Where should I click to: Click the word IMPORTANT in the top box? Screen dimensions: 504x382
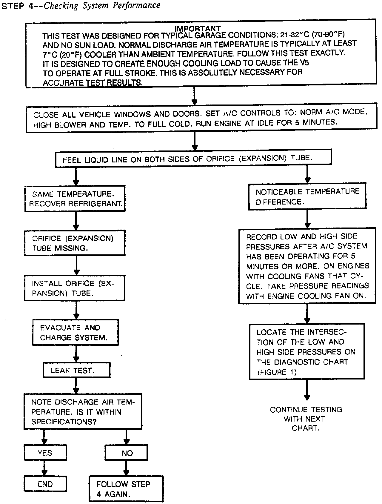[198, 29]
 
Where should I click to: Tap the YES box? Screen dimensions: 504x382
[45, 453]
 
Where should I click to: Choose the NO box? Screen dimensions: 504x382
[127, 453]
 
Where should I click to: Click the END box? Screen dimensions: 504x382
[45, 484]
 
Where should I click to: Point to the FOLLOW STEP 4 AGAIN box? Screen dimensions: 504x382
[126, 489]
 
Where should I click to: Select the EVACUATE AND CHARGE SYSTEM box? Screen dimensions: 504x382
[75, 333]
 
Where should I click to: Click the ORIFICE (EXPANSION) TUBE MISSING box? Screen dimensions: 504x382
[75, 243]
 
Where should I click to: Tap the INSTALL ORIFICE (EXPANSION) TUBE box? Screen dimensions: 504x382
[75, 288]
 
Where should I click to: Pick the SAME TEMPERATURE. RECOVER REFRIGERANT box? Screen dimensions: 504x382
[75, 199]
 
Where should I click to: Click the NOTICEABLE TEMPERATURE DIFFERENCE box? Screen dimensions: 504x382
[307, 196]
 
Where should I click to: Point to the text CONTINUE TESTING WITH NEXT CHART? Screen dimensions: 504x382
[306, 419]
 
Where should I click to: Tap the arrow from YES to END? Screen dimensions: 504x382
[44, 468]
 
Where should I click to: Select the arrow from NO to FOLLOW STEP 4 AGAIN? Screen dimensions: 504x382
[126, 468]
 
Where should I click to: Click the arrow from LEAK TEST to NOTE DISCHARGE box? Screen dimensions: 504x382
[76, 385]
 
